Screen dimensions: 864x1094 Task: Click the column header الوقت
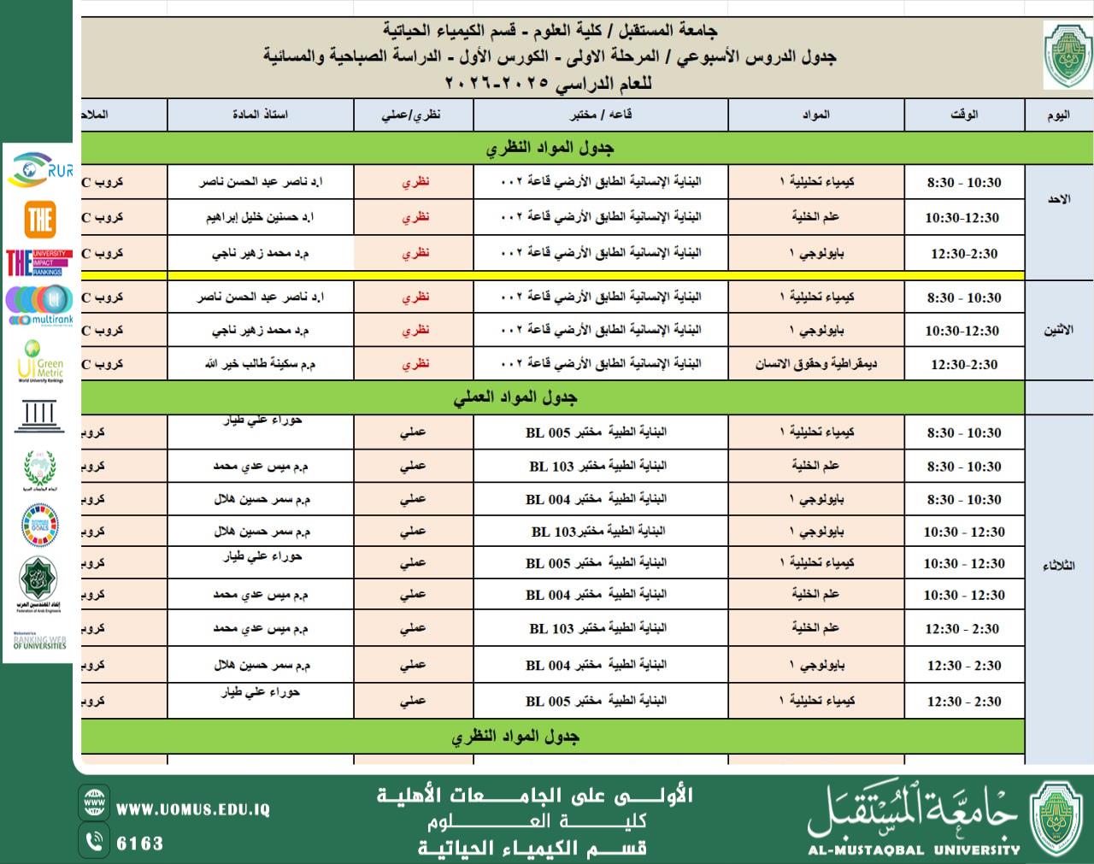pyautogui.click(x=964, y=115)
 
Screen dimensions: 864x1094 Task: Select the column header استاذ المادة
pyautogui.click(x=260, y=115)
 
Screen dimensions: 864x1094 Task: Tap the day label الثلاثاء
pyautogui.click(x=1058, y=566)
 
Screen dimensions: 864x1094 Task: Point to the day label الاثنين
pyautogui.click(x=1058, y=330)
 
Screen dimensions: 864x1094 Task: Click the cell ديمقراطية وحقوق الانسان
pyautogui.click(x=815, y=364)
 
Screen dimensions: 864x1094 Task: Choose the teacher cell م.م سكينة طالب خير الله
pyautogui.click(x=260, y=364)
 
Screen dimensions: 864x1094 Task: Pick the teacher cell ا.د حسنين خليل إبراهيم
pyautogui.click(x=260, y=217)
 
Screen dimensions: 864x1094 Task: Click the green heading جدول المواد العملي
pyautogui.click(x=515, y=397)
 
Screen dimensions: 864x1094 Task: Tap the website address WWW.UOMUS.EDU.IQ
pyautogui.click(x=193, y=808)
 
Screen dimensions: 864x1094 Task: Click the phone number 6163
pyautogui.click(x=139, y=843)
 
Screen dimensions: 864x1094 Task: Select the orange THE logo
pyautogui.click(x=40, y=220)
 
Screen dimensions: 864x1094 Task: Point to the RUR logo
pyautogui.click(x=39, y=169)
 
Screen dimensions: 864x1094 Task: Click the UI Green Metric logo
pyautogui.click(x=40, y=361)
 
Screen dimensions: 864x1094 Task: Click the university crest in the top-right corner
pyautogui.click(x=1067, y=56)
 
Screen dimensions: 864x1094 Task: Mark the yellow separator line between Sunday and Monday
pyautogui.click(x=552, y=275)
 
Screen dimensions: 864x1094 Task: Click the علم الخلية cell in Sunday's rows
pyautogui.click(x=815, y=217)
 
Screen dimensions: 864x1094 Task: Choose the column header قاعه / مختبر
pyautogui.click(x=601, y=115)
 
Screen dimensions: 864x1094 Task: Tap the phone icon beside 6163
pyautogui.click(x=94, y=842)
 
